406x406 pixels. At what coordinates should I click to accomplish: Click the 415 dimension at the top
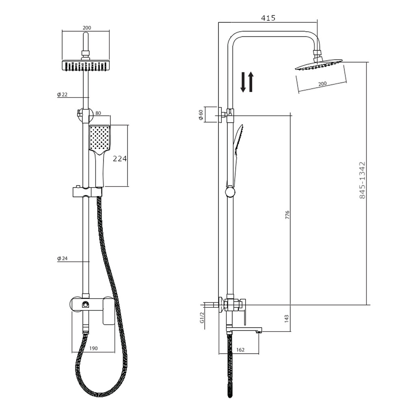click(x=268, y=18)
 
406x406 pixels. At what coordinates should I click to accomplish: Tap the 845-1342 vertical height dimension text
click(x=363, y=180)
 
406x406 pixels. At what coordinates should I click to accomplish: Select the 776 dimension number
click(x=287, y=215)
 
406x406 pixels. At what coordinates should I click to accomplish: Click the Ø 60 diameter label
click(x=201, y=115)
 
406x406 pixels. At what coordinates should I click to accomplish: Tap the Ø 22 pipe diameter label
click(x=62, y=94)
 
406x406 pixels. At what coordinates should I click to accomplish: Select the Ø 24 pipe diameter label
click(x=62, y=259)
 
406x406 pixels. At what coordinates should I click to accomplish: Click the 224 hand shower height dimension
click(x=120, y=159)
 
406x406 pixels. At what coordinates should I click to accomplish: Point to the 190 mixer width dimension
click(x=93, y=348)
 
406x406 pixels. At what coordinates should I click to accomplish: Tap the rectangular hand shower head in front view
click(x=99, y=138)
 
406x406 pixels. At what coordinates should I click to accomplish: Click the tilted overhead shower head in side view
click(x=319, y=65)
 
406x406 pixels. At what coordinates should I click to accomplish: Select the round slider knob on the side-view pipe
click(x=230, y=192)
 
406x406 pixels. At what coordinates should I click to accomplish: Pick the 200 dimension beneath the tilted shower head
click(x=322, y=84)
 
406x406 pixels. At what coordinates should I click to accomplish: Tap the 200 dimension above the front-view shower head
click(x=86, y=28)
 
